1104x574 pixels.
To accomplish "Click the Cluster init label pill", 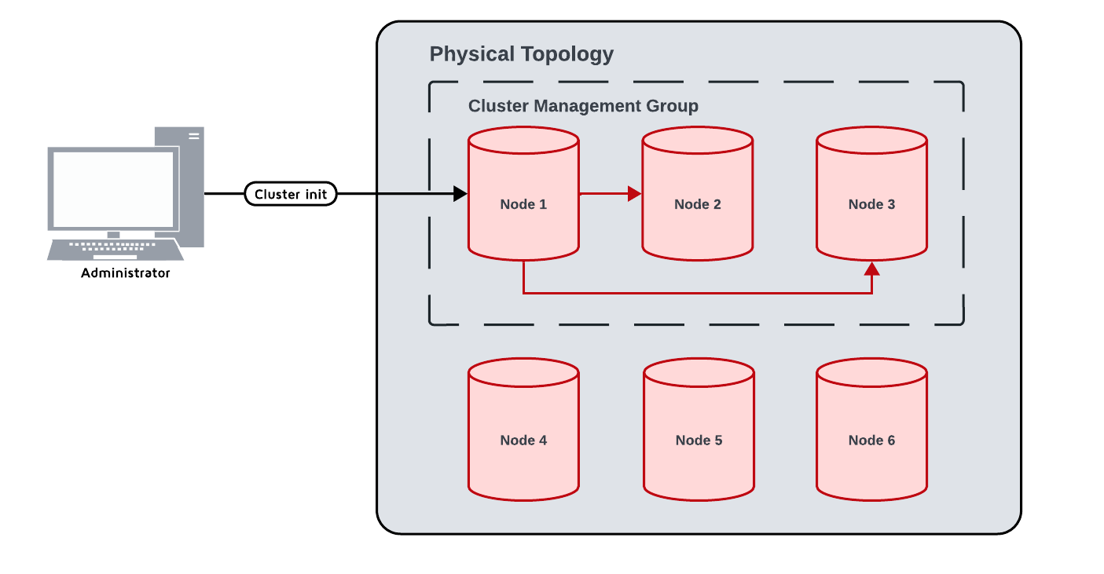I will click(x=291, y=194).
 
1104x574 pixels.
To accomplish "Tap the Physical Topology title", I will click(x=521, y=54).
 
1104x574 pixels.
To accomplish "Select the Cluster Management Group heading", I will click(x=583, y=106).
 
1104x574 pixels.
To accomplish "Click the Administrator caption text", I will click(x=126, y=273).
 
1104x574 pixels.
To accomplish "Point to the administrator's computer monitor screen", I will click(x=112, y=189).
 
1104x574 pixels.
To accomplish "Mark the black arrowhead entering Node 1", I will click(x=460, y=194).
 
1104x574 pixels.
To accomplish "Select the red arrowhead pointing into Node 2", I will click(x=635, y=194).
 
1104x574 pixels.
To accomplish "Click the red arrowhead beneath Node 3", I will click(x=871, y=269).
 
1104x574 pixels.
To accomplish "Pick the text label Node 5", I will click(x=699, y=441).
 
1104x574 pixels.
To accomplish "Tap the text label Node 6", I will click(x=871, y=441).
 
